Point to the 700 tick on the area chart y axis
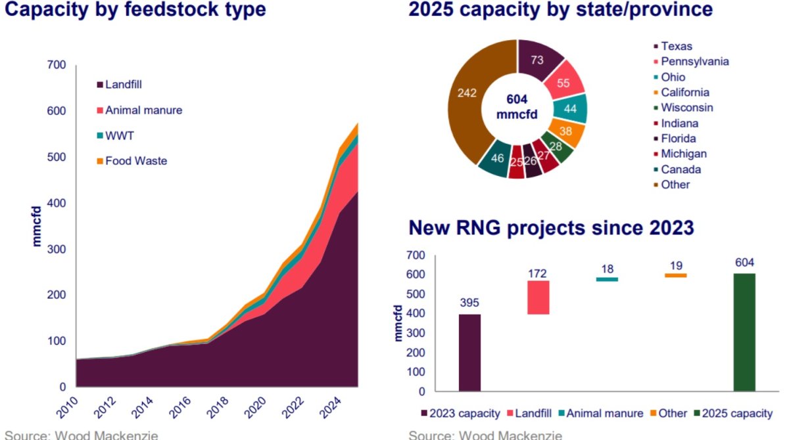click(57, 65)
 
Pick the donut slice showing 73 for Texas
click(538, 61)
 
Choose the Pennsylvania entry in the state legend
click(694, 62)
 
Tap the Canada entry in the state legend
click(681, 169)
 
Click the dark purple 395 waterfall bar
click(469, 352)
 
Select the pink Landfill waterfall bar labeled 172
click(538, 297)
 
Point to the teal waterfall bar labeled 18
click(607, 279)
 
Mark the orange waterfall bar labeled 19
click(675, 275)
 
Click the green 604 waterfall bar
click(744, 332)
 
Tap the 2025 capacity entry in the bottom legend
click(736, 413)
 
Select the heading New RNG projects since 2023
click(551, 228)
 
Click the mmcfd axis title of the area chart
click(37, 227)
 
